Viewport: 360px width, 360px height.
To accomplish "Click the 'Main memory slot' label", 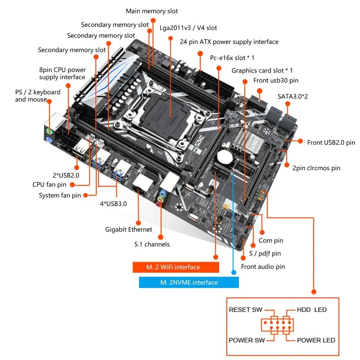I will pos(151,11).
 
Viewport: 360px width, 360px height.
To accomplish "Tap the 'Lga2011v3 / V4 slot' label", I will pos(189,28).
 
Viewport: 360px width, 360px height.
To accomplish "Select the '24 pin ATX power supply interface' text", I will pos(229,42).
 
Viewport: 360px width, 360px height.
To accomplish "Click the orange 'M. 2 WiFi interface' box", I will pos(176,267).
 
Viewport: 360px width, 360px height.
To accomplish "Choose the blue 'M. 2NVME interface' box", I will pos(189,283).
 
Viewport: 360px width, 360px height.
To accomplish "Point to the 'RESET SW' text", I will pos(245,310).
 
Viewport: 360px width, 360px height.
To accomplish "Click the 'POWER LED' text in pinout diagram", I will pos(316,340).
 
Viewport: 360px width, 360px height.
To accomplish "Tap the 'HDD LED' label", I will pos(312,310).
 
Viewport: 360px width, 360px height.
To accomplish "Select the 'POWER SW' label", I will pos(247,340).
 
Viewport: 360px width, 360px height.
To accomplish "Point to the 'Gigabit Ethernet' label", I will pos(128,230).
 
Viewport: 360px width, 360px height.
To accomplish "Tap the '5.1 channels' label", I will pos(152,244).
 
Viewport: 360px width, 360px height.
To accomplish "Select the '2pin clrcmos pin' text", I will pos(316,168).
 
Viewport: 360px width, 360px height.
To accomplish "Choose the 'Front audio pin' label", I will pos(263,267).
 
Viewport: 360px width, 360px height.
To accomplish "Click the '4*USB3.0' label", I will pos(113,204).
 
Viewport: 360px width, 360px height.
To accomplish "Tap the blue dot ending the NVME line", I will pos(233,273).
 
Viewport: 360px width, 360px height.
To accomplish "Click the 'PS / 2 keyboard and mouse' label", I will pos(37,96).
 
